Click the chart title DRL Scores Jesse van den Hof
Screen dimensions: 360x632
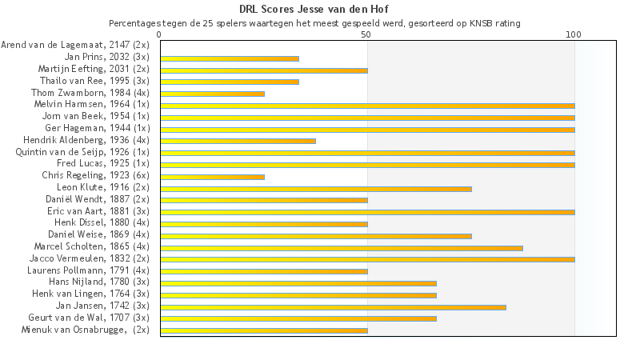click(316, 10)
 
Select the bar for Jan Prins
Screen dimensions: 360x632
click(230, 58)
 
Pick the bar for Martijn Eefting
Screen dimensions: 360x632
click(264, 70)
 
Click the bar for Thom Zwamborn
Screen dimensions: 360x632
click(212, 94)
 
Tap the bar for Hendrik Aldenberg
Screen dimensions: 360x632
click(238, 141)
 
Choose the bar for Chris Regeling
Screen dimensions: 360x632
click(212, 176)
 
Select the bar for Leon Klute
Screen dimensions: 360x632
click(316, 188)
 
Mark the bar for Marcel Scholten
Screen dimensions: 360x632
click(342, 247)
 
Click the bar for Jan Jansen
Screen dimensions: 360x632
click(333, 306)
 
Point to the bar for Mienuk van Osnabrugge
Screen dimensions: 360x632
click(264, 330)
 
